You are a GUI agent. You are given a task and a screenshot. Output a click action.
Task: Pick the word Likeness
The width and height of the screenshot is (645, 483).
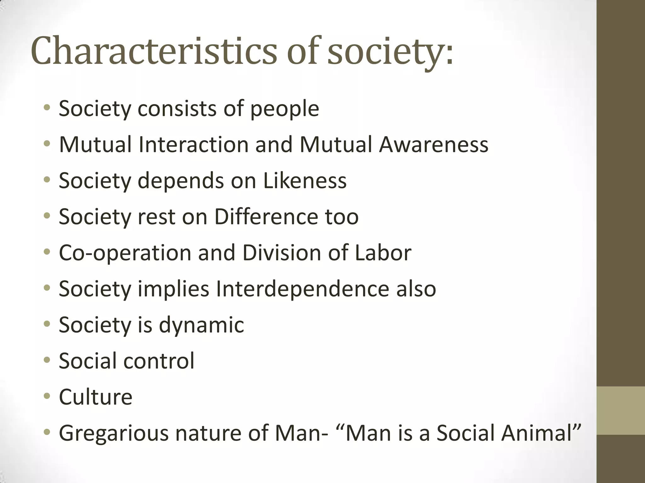click(305, 181)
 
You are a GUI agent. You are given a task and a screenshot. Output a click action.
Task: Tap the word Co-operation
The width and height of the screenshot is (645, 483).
click(125, 253)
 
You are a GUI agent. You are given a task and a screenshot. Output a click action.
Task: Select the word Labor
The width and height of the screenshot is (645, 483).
click(383, 253)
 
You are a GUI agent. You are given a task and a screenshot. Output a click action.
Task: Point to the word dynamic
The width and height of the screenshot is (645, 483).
click(202, 325)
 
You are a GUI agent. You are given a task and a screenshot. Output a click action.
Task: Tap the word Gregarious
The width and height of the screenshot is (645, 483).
click(114, 433)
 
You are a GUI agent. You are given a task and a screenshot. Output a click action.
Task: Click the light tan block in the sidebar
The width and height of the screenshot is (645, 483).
click(620, 411)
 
